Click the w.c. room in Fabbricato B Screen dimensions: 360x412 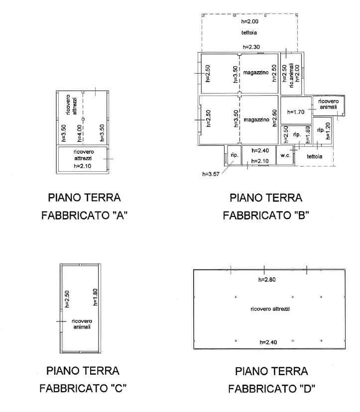click(x=285, y=155)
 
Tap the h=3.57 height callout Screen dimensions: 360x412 click(x=211, y=174)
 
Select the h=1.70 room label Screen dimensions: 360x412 click(x=296, y=112)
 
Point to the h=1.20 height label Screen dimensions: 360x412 click(x=328, y=131)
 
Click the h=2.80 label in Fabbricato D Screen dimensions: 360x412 click(x=267, y=280)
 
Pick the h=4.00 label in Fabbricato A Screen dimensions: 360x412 click(x=79, y=133)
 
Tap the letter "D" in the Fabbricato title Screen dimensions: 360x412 click(x=307, y=388)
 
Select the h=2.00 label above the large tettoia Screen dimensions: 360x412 click(x=250, y=21)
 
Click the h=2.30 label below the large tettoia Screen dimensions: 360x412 click(x=251, y=47)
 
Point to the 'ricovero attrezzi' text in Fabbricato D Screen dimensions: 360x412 click(x=270, y=309)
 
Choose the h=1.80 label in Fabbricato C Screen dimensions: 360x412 click(x=95, y=297)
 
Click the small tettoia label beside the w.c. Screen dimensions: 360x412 click(x=315, y=157)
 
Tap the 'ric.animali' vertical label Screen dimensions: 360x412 click(x=291, y=76)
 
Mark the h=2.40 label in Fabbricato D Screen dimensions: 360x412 click(x=268, y=342)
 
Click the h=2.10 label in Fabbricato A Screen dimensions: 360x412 click(x=82, y=166)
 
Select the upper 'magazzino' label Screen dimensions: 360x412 click(x=256, y=72)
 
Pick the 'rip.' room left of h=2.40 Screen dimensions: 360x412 click(x=235, y=155)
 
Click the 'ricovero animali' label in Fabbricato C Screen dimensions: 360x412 click(x=82, y=324)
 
